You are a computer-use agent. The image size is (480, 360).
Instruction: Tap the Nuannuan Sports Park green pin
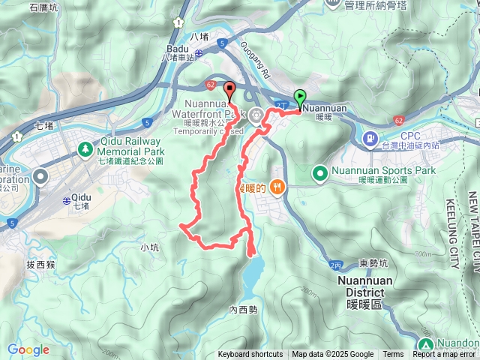[320, 174]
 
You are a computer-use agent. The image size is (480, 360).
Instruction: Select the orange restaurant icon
[277, 187]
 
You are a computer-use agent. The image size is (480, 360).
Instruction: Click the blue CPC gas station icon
[370, 139]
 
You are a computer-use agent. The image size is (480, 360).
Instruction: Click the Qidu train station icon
[67, 202]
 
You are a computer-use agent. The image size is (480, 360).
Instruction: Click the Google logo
[28, 349]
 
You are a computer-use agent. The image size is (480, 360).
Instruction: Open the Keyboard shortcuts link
[250, 355]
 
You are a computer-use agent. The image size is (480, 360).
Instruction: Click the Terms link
[393, 355]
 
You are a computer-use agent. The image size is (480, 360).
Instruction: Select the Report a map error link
[444, 355]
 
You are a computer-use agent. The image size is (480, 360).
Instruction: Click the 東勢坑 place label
[373, 262]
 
